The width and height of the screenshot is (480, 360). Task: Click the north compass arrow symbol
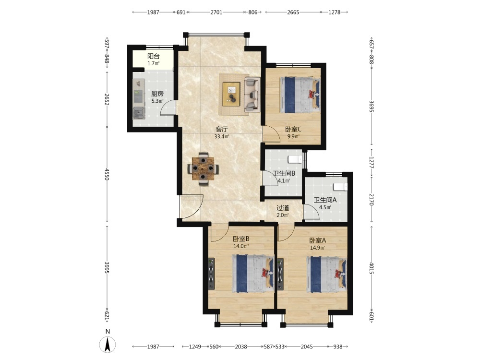tap(108, 344)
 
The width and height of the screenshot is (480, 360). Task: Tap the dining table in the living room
tap(203, 168)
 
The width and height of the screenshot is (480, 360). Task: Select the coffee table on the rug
tap(232, 94)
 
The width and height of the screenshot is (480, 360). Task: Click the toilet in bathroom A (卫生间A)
tap(340, 187)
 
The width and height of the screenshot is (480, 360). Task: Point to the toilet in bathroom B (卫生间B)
tap(295, 159)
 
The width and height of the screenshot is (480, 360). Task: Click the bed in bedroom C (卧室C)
tap(300, 95)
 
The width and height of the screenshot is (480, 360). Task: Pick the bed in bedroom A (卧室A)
tap(326, 275)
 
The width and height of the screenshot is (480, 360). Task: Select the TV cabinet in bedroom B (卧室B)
tap(211, 274)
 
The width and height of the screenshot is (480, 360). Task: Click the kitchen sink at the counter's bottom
tap(139, 113)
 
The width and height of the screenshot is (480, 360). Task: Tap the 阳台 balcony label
tap(154, 56)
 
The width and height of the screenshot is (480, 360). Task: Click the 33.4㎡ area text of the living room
tap(222, 136)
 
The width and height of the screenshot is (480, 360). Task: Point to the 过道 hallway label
tap(283, 208)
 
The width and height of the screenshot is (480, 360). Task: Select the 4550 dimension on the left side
tap(107, 174)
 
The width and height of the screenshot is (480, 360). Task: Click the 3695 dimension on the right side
tap(372, 106)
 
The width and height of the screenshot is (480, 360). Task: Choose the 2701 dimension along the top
tap(216, 12)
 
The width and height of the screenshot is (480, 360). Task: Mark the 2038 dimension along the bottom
tap(241, 347)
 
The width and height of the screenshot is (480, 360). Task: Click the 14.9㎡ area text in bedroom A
tap(317, 248)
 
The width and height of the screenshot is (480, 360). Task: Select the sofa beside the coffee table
tap(252, 94)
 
